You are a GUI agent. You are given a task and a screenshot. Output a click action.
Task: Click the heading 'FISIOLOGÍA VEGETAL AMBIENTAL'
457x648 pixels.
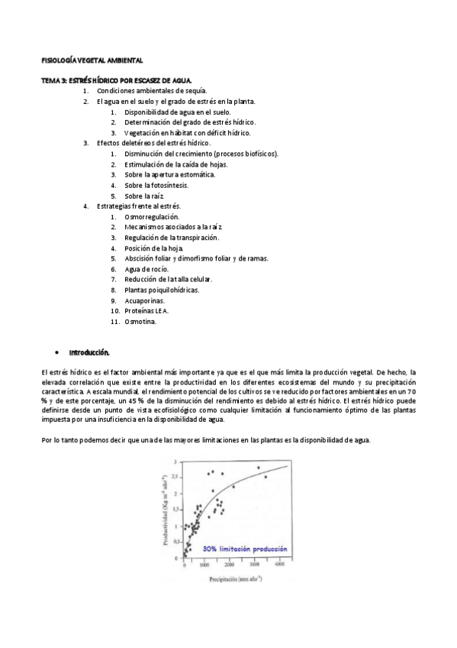tap(91, 60)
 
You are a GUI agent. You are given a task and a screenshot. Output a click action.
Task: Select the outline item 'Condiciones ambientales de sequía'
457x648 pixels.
tap(152, 90)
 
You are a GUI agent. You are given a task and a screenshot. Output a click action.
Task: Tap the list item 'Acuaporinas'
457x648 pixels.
tap(144, 301)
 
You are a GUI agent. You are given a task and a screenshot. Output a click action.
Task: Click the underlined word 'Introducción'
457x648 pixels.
tap(89, 353)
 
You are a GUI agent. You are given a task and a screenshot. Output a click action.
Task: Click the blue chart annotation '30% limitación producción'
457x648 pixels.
tap(245, 549)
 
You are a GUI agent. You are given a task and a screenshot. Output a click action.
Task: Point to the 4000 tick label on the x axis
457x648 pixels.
tap(279, 565)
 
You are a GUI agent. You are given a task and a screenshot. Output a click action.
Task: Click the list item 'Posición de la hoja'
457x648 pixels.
tap(155, 248)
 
